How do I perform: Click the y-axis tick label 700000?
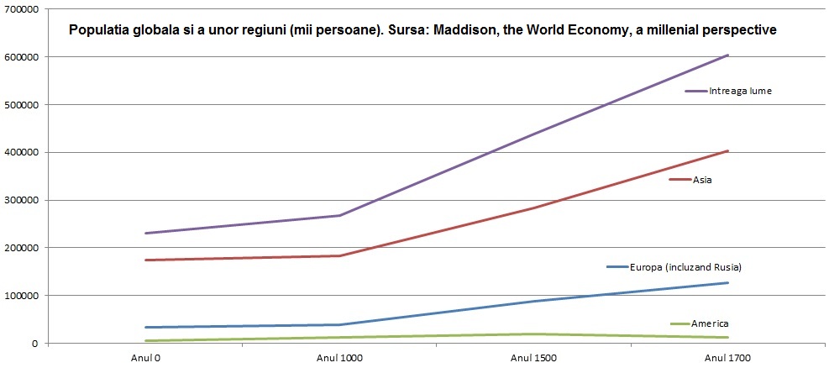20,9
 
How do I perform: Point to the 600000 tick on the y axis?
20,57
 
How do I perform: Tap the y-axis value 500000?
20,105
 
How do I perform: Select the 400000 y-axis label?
20,152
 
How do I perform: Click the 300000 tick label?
20,200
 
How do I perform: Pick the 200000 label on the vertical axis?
20,248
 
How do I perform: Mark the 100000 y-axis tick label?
20,296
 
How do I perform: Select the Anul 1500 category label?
533,357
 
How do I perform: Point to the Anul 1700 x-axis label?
727,357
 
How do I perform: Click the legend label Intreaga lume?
740,91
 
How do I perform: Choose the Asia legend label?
702,180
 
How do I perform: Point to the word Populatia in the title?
100,29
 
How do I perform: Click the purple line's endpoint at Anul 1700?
727,55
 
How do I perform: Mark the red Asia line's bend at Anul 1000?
339,255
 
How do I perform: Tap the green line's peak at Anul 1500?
533,334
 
